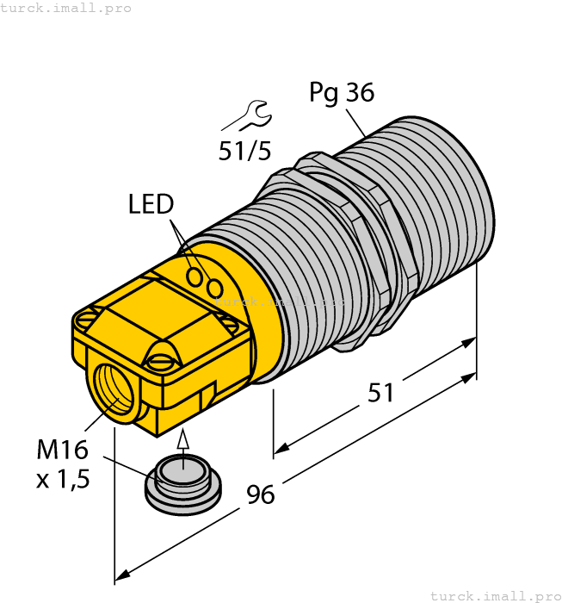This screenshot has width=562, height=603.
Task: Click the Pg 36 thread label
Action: [x=342, y=93]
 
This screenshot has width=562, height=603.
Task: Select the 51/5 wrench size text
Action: [x=244, y=152]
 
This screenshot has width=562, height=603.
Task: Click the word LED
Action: [x=151, y=204]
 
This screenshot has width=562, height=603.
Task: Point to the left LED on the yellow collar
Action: [x=195, y=277]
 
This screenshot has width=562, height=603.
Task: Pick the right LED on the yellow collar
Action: [x=215, y=287]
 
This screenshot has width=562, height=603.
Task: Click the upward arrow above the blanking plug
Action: [x=182, y=441]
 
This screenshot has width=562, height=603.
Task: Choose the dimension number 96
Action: [x=260, y=495]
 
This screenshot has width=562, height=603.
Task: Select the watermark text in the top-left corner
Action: [x=65, y=8]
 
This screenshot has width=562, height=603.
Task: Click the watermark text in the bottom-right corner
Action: [x=495, y=595]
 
